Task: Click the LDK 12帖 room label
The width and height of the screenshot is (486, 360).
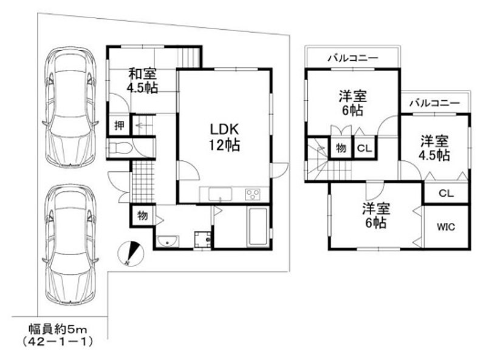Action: point(224,137)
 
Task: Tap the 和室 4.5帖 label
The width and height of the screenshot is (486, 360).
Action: point(142,81)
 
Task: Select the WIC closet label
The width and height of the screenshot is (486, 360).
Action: point(446,227)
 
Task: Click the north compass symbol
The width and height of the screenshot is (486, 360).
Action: point(131,254)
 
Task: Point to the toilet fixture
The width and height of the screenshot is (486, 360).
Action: point(120,148)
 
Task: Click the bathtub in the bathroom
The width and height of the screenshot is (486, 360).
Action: point(258,227)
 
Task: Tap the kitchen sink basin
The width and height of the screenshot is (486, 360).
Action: point(220,194)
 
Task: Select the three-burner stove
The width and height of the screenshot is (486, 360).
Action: point(253,194)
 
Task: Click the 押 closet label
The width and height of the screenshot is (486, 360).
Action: point(119,126)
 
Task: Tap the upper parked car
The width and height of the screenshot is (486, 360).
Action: point(70,107)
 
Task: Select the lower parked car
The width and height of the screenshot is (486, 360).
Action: point(70,245)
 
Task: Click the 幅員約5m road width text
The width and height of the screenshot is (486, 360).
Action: point(58,329)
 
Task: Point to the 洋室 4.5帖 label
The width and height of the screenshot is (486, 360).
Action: point(434,148)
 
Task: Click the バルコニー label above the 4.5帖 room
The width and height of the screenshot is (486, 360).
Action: point(434,103)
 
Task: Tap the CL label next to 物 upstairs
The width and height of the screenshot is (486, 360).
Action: point(364,148)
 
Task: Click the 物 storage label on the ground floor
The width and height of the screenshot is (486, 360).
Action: point(142,216)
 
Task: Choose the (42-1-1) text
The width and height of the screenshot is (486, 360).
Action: point(58,342)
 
